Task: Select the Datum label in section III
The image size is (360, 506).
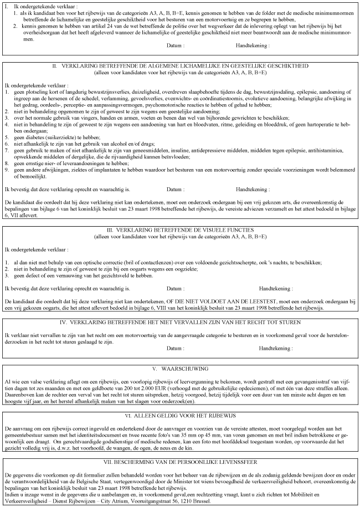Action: [x=175, y=289]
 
